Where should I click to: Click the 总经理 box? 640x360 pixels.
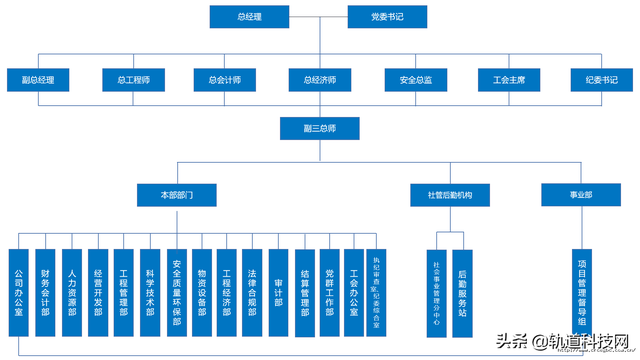[250, 17]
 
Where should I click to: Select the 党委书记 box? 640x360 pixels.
[388, 17]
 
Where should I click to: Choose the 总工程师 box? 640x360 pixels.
[133, 79]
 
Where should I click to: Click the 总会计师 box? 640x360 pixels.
[223, 79]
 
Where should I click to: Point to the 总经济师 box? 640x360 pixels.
[319, 79]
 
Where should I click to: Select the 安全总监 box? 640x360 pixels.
[415, 79]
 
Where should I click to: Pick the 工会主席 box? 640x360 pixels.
[509, 79]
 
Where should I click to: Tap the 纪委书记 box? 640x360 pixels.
[601, 79]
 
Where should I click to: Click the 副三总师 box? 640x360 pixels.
[319, 129]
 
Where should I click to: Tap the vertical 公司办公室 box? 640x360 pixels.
[19, 294]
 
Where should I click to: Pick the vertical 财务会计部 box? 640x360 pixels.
[45, 294]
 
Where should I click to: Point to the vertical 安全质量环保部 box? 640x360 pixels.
[176, 294]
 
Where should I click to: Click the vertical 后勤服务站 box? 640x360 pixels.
[461, 294]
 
